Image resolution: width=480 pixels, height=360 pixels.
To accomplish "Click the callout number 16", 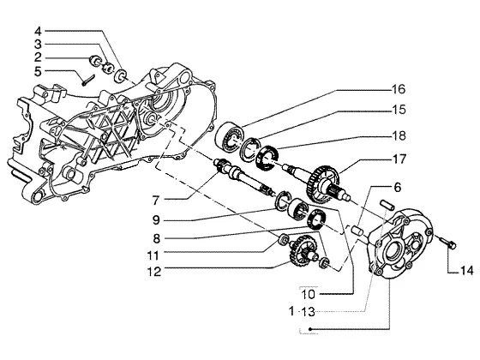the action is (x=399, y=89).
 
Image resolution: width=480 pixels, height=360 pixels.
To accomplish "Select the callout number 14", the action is (x=467, y=271).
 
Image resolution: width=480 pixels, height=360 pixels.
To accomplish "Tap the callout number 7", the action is (x=156, y=201).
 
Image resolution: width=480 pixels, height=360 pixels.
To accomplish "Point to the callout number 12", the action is (x=154, y=272).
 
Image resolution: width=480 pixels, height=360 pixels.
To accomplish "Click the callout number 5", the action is (x=38, y=72).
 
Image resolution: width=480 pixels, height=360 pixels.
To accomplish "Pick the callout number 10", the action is (x=309, y=295).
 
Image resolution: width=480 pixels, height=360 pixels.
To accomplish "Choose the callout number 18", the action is (x=399, y=135).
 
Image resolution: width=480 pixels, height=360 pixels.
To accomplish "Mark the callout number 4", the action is (x=38, y=31).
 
